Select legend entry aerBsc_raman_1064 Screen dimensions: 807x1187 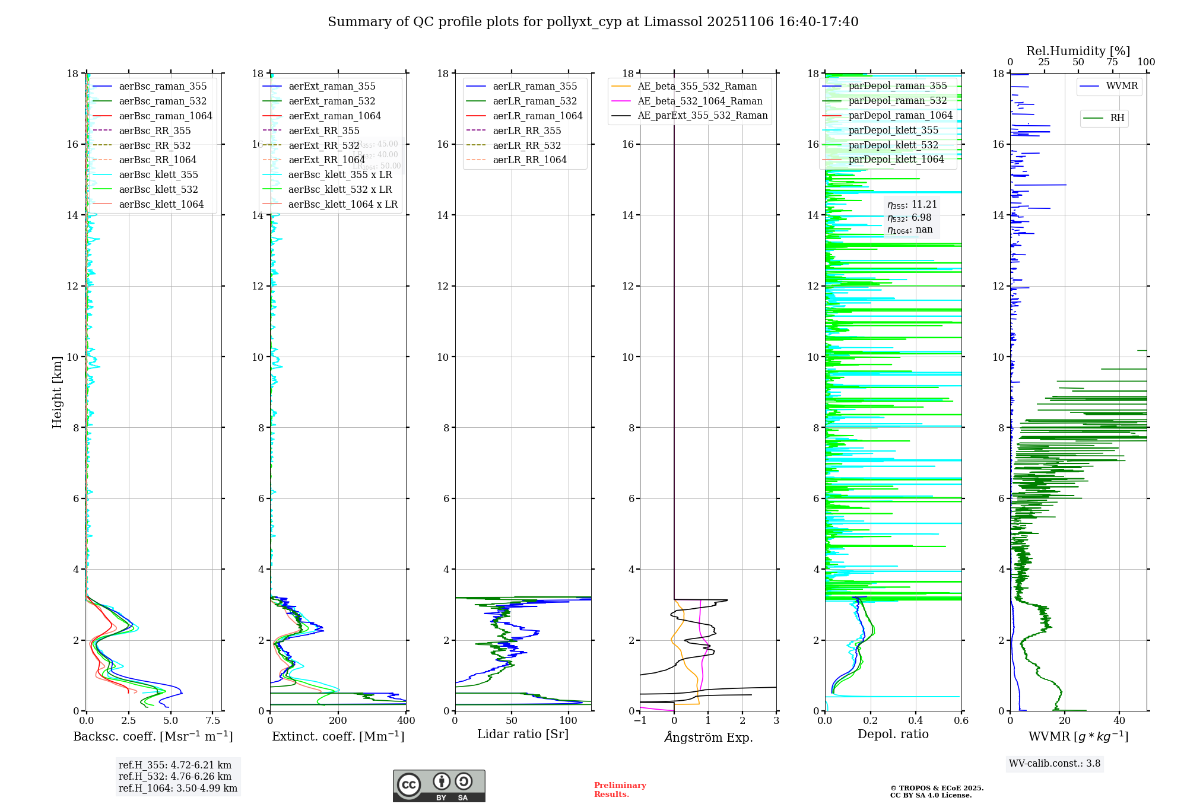coord(165,116)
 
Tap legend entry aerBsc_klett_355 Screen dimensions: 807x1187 coord(158,175)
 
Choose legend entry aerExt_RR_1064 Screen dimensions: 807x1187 coord(326,160)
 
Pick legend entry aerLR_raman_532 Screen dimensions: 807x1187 coord(535,101)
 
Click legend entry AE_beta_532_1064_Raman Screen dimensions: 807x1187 coord(700,101)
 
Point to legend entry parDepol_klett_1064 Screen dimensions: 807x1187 coord(896,160)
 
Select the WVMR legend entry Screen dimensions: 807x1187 coord(1121,86)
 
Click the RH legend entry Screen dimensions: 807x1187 coord(1116,118)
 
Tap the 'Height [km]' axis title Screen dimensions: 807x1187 coord(57,392)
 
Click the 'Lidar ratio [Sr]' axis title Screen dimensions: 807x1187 coord(522,735)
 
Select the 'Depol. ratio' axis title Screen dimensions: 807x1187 coord(893,735)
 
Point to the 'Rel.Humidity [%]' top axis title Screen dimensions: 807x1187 coord(1078,51)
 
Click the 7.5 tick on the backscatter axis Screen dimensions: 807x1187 coord(213,721)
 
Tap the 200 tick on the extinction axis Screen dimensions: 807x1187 coord(338,721)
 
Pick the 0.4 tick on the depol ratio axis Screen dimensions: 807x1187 coord(915,721)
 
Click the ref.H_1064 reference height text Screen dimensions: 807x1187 coord(177,789)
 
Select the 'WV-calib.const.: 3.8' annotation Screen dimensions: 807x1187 coord(1054,764)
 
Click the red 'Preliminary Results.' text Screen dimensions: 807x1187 coord(620,790)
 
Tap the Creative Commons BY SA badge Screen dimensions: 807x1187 coord(439,786)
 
